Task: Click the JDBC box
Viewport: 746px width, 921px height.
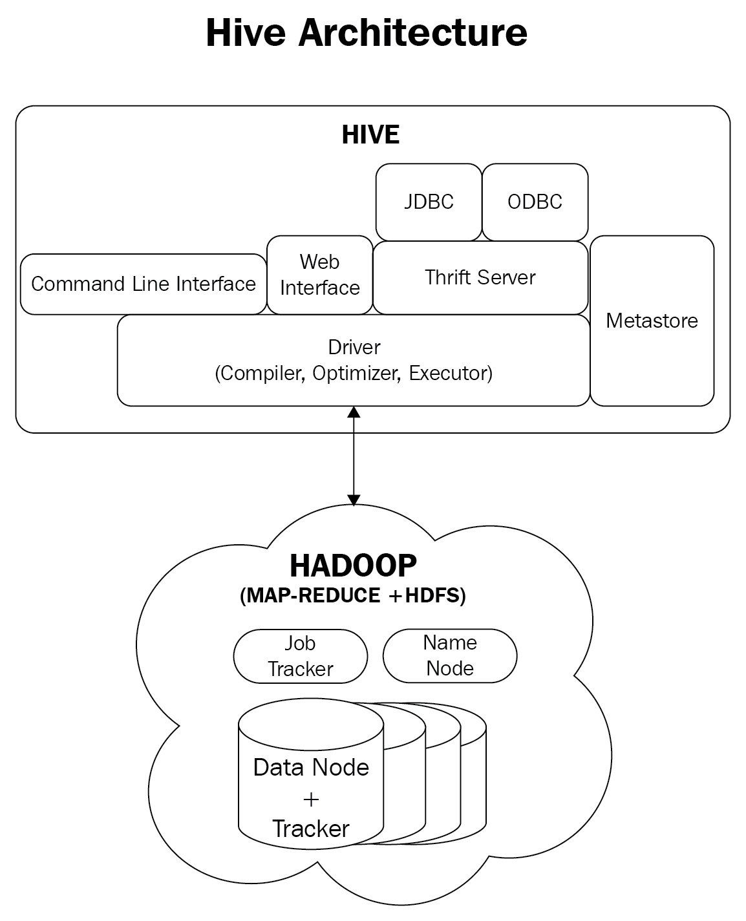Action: (x=429, y=202)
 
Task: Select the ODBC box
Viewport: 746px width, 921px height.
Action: (x=535, y=202)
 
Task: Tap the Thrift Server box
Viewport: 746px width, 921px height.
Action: (x=480, y=278)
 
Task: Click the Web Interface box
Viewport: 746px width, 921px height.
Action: (x=319, y=275)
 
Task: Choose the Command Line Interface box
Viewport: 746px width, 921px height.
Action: (x=143, y=284)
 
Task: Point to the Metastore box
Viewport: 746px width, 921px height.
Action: (x=652, y=321)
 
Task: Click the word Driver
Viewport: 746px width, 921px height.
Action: (x=354, y=347)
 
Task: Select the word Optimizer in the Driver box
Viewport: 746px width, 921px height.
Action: (x=356, y=374)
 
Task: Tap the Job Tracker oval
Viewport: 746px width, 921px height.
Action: (x=300, y=656)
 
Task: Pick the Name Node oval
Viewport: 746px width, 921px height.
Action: (x=450, y=655)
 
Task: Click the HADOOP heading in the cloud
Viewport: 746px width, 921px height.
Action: (x=353, y=566)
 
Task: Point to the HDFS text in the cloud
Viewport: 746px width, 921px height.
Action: (x=432, y=595)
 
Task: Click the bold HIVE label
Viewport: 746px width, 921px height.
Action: (x=370, y=134)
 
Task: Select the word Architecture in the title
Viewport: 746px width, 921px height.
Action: (x=412, y=33)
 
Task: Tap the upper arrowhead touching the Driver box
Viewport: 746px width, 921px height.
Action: (x=354, y=412)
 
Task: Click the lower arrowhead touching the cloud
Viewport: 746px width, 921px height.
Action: (x=354, y=500)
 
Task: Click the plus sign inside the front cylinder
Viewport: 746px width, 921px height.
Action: (x=311, y=799)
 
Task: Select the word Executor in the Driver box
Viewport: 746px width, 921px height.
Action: (x=451, y=374)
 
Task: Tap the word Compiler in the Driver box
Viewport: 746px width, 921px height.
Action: (x=260, y=374)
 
